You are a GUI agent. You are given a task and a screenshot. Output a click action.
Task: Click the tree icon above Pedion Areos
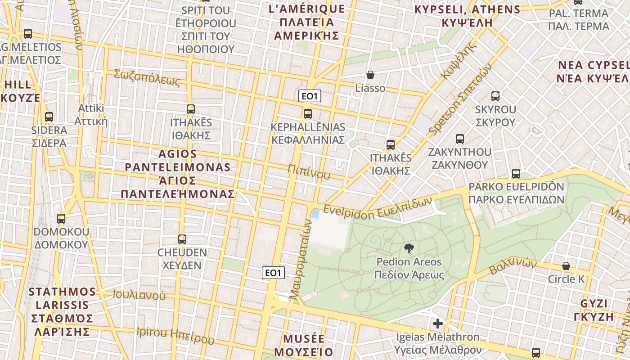pyautogui.click(x=409, y=248)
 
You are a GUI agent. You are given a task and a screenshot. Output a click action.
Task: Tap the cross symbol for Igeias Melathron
pyautogui.click(x=437, y=324)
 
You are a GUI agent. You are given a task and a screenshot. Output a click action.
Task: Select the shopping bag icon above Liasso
pyautogui.click(x=370, y=75)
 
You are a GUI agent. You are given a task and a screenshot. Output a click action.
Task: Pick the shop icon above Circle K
pyautogui.click(x=566, y=266)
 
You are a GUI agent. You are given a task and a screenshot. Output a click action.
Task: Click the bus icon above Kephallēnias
pyautogui.click(x=308, y=113)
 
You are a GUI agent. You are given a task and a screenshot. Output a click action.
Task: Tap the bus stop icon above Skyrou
pyautogui.click(x=495, y=96)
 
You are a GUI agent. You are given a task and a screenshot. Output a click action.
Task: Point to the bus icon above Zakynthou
pyautogui.click(x=460, y=139)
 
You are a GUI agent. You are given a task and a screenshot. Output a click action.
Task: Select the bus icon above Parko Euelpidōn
pyautogui.click(x=516, y=173)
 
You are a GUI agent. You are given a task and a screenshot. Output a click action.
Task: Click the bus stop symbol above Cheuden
pyautogui.click(x=182, y=239)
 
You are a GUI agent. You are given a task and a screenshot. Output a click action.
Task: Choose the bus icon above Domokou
pyautogui.click(x=61, y=219)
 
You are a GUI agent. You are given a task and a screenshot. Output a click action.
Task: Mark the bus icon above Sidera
pyautogui.click(x=49, y=117)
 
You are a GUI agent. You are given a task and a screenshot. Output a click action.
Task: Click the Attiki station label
pyautogui.click(x=91, y=114)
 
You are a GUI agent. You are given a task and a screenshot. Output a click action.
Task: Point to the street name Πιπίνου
pyautogui.click(x=309, y=172)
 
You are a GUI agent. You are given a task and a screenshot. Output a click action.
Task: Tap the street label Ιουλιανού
pyautogui.click(x=139, y=295)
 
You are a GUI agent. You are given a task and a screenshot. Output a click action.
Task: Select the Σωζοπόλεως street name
pyautogui.click(x=147, y=77)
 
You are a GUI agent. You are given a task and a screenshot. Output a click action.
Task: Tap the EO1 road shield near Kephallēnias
pyautogui.click(x=310, y=96)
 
